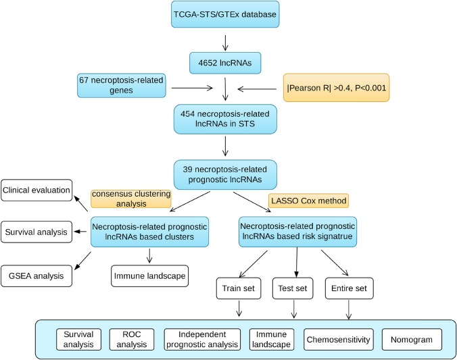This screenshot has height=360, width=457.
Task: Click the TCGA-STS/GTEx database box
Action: [x=225, y=14]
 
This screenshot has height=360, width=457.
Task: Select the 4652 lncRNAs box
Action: [x=225, y=63]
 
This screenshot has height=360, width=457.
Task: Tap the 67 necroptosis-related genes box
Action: [x=121, y=85]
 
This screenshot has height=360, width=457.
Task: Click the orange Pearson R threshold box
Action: [x=337, y=88]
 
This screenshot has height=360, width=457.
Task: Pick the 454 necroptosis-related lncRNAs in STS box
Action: [x=225, y=119]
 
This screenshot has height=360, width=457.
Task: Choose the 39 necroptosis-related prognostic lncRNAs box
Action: [x=225, y=174]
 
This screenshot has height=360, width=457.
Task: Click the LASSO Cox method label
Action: [x=309, y=201]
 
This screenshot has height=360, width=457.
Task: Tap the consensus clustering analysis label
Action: [x=131, y=199]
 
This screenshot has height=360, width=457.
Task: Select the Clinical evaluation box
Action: [x=37, y=190]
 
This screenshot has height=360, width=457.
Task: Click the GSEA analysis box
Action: [x=37, y=276]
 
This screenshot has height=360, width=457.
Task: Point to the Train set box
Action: [x=239, y=288]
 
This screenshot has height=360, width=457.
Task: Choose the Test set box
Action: [x=293, y=288]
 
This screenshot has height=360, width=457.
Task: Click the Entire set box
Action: [x=349, y=288]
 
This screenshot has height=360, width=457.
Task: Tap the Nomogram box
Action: [x=412, y=340]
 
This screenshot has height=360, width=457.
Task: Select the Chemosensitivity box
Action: [x=339, y=340]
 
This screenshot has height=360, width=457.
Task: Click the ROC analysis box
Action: [x=131, y=340]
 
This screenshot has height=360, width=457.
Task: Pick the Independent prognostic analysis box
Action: [x=202, y=340]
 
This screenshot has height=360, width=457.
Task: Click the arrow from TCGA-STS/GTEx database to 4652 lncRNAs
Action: [x=225, y=43]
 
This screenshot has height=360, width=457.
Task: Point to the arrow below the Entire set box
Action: [x=349, y=309]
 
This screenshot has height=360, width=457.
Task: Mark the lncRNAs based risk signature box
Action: [x=297, y=232]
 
